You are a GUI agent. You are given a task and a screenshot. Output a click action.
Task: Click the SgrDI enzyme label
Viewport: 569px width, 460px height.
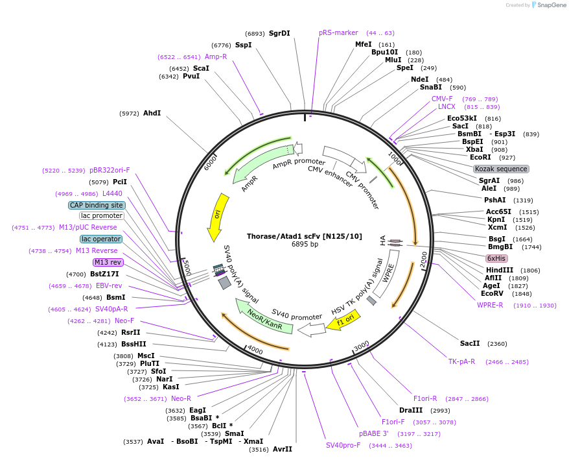pyautogui.click(x=279, y=33)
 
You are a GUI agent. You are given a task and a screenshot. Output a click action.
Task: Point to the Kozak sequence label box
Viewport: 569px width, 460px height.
pyautogui.click(x=502, y=169)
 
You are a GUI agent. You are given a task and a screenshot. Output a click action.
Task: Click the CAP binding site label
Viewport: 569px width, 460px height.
pyautogui.click(x=96, y=205)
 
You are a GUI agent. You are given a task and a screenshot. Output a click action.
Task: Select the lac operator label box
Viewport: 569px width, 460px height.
pyautogui.click(x=101, y=239)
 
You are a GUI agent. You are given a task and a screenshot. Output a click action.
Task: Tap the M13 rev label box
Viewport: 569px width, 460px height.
pyautogui.click(x=108, y=262)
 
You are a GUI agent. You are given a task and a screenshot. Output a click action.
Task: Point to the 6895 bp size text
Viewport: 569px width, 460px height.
pyautogui.click(x=305, y=245)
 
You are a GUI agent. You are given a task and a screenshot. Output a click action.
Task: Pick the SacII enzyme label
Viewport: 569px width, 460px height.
pyautogui.click(x=470, y=343)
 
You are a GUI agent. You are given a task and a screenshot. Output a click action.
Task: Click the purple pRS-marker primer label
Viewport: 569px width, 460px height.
pyautogui.click(x=338, y=32)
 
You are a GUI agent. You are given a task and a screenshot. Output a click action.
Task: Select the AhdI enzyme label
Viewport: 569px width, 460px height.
pyautogui.click(x=152, y=113)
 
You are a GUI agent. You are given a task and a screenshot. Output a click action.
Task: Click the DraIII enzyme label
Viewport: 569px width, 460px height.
pyautogui.click(x=411, y=410)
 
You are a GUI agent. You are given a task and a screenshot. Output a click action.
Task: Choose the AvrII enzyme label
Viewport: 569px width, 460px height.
pyautogui.click(x=283, y=449)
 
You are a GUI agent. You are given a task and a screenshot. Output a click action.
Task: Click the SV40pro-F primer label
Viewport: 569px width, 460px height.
pyautogui.click(x=343, y=445)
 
